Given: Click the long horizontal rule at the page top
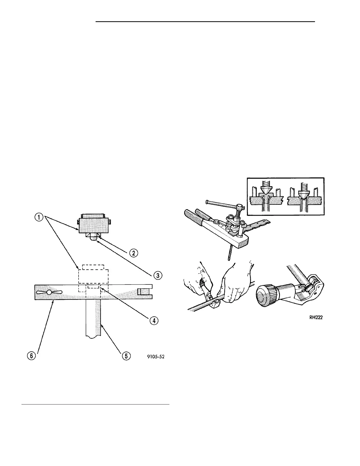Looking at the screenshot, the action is tap(205, 21).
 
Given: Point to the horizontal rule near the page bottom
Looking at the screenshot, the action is tap(96, 405).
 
